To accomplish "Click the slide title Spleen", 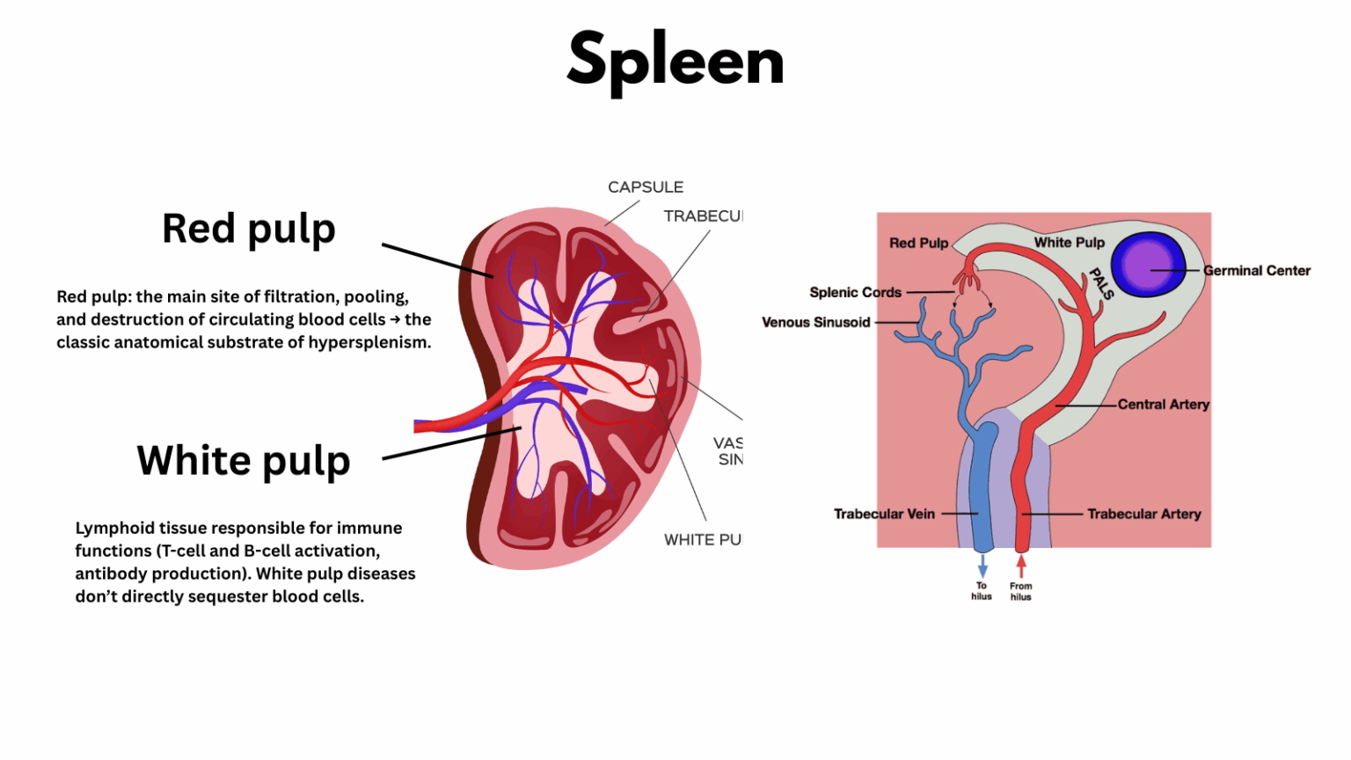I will [675, 60].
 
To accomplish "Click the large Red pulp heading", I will [249, 230].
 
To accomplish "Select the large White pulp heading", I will [244, 461].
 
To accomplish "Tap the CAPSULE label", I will [646, 187].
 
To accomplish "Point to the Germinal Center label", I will [1257, 271].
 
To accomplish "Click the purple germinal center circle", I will [1147, 264].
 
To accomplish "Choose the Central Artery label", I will [1163, 405].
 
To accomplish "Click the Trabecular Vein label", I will [884, 514].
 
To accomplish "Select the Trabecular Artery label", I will [1143, 514].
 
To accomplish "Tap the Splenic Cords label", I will [855, 292].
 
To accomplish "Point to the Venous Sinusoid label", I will [815, 322].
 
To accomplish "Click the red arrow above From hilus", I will [1021, 566].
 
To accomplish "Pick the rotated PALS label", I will [1101, 283].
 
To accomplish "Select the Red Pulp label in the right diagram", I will [918, 243].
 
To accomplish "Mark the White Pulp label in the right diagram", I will [1069, 243].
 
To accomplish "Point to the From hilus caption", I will [1021, 591].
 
